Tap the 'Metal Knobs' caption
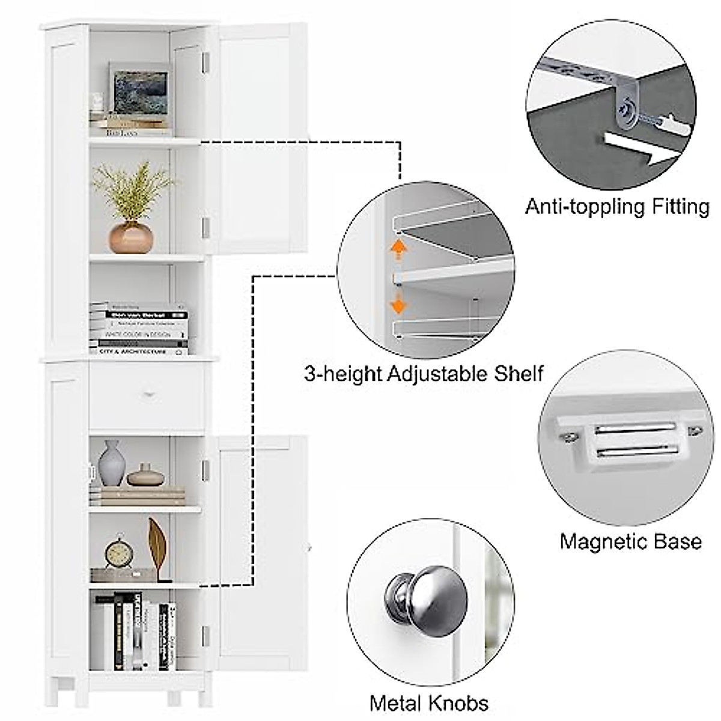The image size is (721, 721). pos(428,702)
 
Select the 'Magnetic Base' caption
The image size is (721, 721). pos(630,541)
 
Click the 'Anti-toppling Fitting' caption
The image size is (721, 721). pos(617,207)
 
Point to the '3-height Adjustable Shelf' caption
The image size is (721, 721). pos(424,374)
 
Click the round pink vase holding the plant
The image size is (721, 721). pos(130,237)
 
